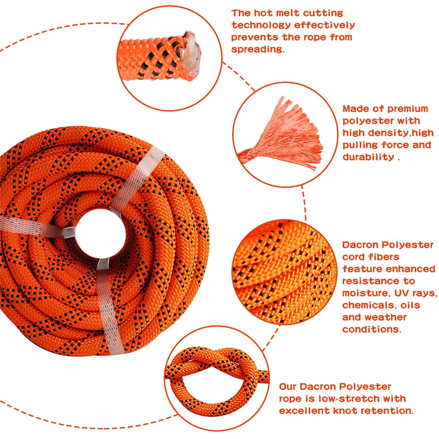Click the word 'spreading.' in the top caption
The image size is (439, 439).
[258, 49]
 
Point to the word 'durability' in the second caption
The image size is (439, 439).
[368, 157]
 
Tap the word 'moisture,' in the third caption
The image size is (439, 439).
[366, 293]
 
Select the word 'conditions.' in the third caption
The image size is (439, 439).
[372, 329]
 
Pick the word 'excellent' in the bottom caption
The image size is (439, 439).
[304, 411]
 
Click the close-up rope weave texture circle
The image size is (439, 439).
[284, 272]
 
